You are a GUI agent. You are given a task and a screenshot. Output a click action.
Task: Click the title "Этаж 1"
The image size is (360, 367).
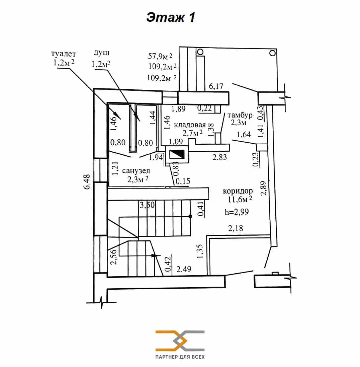(x=171, y=17)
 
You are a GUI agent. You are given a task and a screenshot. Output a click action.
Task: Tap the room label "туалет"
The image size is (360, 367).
(x=63, y=54)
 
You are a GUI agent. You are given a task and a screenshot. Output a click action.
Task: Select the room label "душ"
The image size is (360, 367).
(x=101, y=53)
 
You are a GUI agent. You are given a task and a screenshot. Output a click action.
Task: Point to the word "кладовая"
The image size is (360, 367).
(x=190, y=125)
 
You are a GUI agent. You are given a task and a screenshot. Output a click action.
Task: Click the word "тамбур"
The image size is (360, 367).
(x=240, y=116)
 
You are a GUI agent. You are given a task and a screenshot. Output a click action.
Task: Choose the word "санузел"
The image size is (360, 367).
(x=136, y=171)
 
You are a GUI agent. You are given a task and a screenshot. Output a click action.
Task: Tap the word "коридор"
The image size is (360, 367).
(x=238, y=191)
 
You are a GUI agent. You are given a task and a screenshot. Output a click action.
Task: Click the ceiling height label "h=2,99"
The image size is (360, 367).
(x=237, y=212)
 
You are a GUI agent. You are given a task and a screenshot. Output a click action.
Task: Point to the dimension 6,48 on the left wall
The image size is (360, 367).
(x=87, y=181)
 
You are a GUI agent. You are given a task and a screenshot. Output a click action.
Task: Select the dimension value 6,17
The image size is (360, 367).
(x=216, y=86)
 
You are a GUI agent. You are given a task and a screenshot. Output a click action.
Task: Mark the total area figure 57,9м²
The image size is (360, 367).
(x=160, y=56)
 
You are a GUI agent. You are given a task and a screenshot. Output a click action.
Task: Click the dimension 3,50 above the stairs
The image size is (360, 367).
(x=147, y=205)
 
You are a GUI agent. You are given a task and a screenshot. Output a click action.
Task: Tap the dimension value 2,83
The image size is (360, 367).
(x=220, y=157)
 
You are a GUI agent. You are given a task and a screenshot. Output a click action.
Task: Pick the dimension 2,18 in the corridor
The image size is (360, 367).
(x=236, y=228)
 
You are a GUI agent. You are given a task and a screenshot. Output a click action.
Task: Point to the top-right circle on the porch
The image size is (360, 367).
(x=272, y=53)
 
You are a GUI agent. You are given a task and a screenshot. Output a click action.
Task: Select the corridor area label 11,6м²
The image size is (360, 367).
(x=240, y=200)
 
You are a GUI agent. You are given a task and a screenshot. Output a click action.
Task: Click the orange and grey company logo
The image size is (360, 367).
(x=180, y=341)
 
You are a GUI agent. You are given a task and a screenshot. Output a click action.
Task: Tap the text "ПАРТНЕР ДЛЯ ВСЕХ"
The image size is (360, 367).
(x=180, y=357)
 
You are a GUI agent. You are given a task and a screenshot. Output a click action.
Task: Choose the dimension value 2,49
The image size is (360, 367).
(x=184, y=269)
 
